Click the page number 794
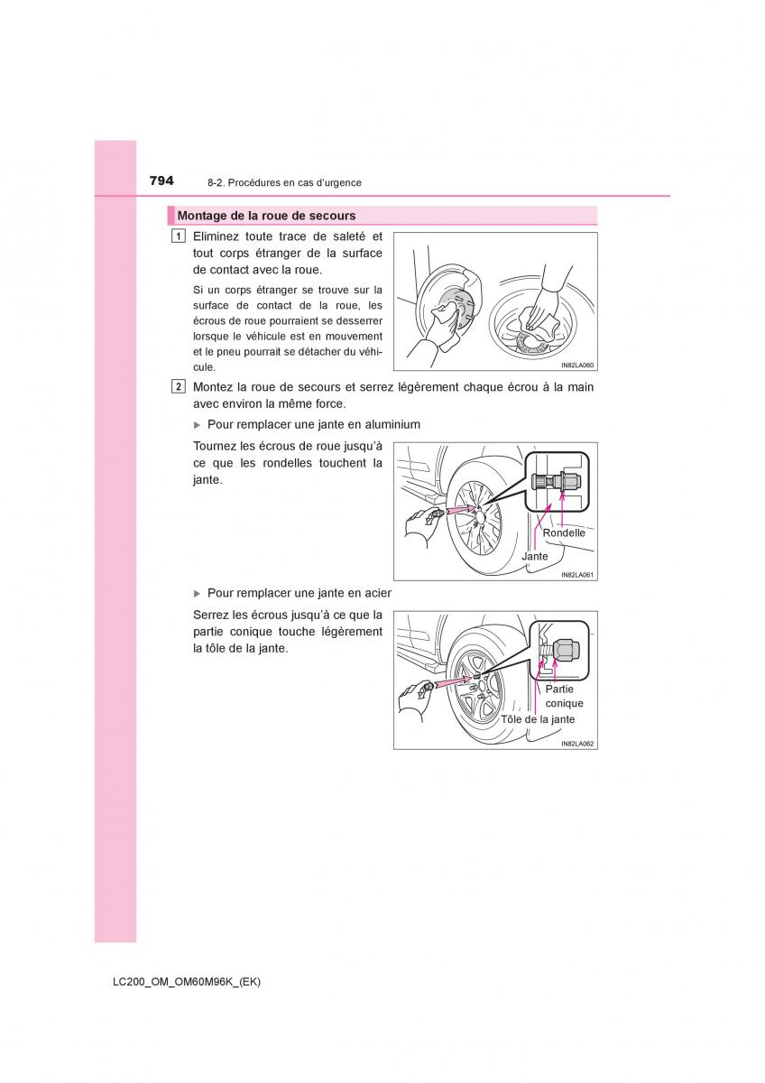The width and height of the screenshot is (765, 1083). (x=161, y=180)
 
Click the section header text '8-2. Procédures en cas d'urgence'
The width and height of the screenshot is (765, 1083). (x=284, y=182)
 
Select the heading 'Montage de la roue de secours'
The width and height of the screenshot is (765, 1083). (x=266, y=216)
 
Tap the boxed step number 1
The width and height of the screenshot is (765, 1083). (x=179, y=236)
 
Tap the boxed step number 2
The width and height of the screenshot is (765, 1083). (x=179, y=387)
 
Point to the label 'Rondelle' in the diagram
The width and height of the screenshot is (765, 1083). (x=564, y=532)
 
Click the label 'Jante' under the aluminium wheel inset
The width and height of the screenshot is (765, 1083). (x=535, y=557)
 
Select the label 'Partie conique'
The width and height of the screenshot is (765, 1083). (x=565, y=696)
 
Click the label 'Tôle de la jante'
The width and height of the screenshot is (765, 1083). (x=538, y=719)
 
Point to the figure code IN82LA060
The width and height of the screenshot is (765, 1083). (x=577, y=366)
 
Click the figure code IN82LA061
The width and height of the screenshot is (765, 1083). (x=577, y=575)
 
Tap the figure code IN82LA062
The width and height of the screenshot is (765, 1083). (x=577, y=744)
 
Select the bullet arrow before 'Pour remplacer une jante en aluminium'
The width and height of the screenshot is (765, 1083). (x=198, y=424)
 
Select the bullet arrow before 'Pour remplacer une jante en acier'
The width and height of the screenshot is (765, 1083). (x=198, y=593)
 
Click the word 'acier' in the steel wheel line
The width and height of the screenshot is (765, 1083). (x=376, y=593)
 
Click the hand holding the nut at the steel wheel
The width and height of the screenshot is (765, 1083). (x=414, y=700)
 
